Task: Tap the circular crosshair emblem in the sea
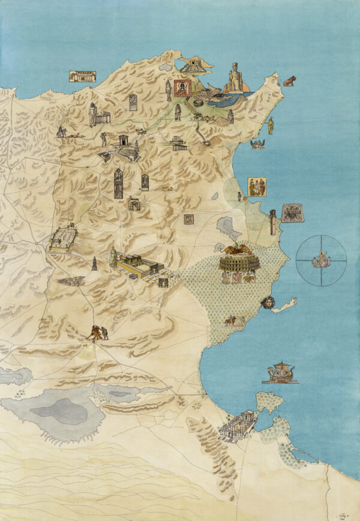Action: click(321, 260)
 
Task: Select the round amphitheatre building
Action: click(239, 263)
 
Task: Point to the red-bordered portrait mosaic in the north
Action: click(182, 88)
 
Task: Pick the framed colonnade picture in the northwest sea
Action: click(82, 76)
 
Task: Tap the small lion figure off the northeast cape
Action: click(289, 81)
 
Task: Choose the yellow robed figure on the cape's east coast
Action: click(271, 125)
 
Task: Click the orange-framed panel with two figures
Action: click(257, 187)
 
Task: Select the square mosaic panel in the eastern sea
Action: click(292, 213)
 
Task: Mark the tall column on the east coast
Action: click(272, 222)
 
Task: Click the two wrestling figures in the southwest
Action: click(97, 333)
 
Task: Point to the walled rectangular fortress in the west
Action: click(63, 238)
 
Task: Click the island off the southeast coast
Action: click(269, 402)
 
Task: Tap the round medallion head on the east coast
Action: click(266, 302)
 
